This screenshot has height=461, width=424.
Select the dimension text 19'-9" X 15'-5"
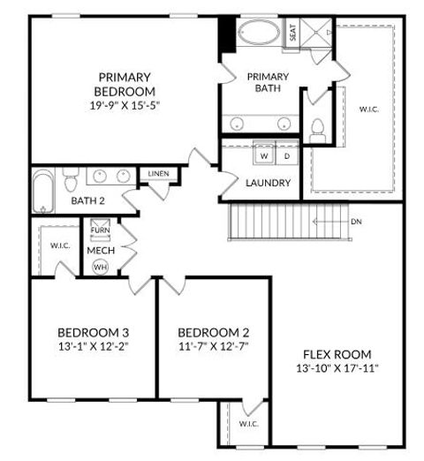(125, 104)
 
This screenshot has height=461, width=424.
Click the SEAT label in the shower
(293, 33)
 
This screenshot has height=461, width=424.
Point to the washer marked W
(263, 156)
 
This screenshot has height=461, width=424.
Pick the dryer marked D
(286, 156)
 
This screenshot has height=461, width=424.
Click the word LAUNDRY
(269, 183)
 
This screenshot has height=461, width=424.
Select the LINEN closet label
(160, 174)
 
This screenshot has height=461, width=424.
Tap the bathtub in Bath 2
(42, 192)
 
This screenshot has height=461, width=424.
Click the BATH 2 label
(88, 201)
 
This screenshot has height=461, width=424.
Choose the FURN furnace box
(100, 231)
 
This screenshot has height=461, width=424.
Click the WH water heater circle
(100, 267)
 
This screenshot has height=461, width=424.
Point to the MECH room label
(100, 250)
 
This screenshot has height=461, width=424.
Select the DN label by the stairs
(355, 222)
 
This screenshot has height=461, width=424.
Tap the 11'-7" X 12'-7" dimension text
(213, 346)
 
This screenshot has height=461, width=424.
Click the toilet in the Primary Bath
(318, 130)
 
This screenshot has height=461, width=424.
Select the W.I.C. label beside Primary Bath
(368, 110)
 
